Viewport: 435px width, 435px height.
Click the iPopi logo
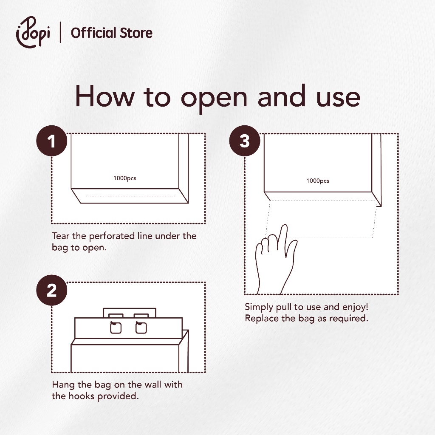click(x=33, y=32)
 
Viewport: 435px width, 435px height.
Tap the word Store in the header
click(x=136, y=33)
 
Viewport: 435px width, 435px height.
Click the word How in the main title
click(x=105, y=96)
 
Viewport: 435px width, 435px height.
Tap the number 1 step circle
click(x=51, y=141)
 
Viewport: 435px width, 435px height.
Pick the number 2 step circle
click(x=51, y=290)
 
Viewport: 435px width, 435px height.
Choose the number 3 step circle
click(x=244, y=141)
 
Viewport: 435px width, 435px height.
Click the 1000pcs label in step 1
click(x=125, y=178)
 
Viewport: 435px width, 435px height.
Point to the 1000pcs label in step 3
click(x=318, y=181)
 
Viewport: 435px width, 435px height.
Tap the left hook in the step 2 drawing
click(x=116, y=327)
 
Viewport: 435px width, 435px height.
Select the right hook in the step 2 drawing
click(x=141, y=327)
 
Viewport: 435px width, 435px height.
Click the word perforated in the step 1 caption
click(x=112, y=236)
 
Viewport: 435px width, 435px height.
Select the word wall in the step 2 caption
click(x=153, y=384)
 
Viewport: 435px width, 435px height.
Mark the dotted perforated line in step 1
click(x=130, y=197)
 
